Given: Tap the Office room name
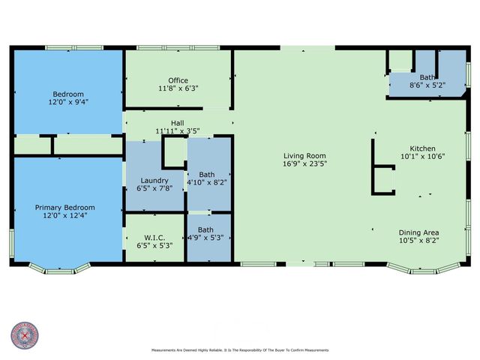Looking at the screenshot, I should (x=178, y=80).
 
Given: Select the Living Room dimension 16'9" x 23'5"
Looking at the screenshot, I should (x=304, y=163).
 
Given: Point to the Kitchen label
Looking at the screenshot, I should (x=422, y=148).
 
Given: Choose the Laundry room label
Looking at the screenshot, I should (x=154, y=181).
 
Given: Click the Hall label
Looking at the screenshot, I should (x=177, y=122).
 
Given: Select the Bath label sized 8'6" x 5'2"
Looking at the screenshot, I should (x=427, y=77).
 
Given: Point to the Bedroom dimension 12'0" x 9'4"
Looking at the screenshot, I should (x=68, y=102).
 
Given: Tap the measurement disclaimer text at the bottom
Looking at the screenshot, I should (x=240, y=349).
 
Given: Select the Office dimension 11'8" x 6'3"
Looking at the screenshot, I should (x=178, y=88).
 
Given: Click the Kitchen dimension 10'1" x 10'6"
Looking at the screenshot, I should (x=422, y=156).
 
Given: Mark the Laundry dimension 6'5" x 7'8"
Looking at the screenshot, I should (x=154, y=189).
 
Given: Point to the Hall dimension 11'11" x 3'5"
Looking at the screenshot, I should (x=177, y=130).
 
